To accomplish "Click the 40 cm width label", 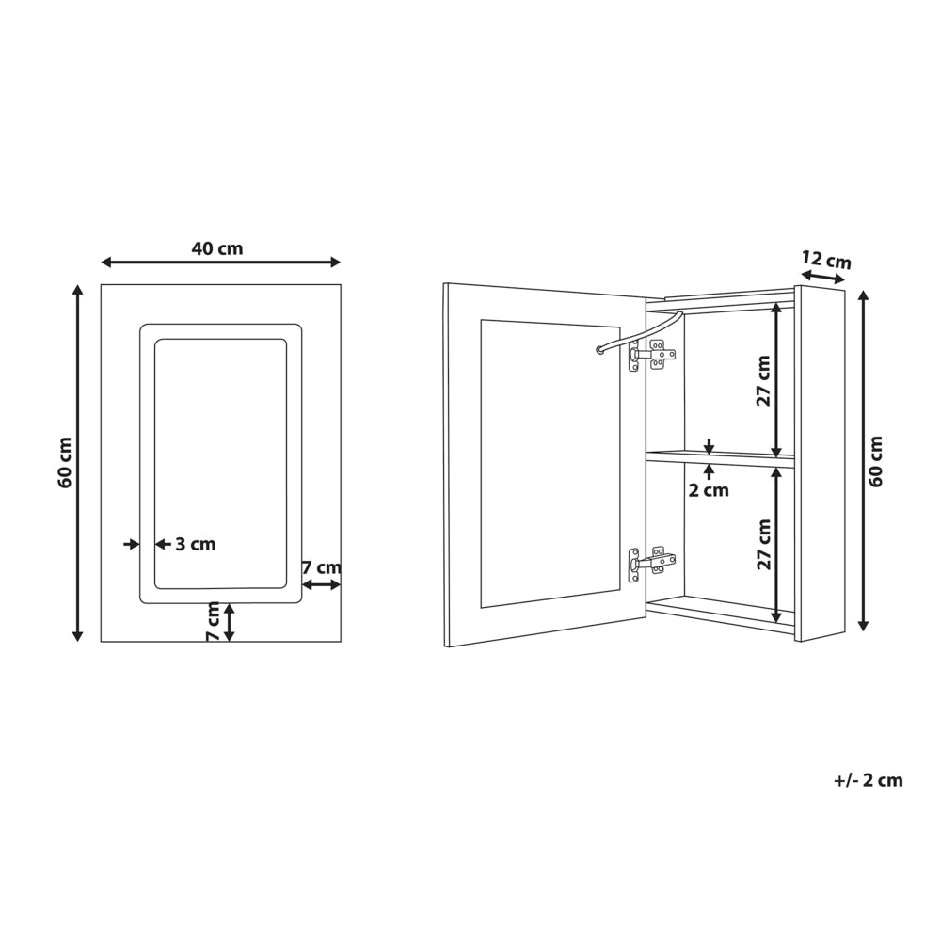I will coord(217,249).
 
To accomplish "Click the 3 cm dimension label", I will coord(196,544).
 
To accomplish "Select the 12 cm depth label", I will coord(826,260).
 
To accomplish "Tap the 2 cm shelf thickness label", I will coord(709,490).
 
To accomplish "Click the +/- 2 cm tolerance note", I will coord(868,780).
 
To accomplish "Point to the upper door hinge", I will coord(651,355).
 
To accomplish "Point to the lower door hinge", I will coord(651,563).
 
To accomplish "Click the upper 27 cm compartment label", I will coord(763,379).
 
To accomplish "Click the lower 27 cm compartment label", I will coord(763,544).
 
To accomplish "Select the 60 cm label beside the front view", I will coord(65,462).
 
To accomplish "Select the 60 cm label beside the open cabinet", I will coord(877,460).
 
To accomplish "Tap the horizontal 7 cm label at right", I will coord(321,567).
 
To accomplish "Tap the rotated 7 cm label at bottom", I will coord(214,622).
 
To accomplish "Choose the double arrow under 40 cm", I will coord(220,263).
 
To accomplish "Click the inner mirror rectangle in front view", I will coord(220,463).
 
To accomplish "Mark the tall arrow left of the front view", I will coord(78,463).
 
